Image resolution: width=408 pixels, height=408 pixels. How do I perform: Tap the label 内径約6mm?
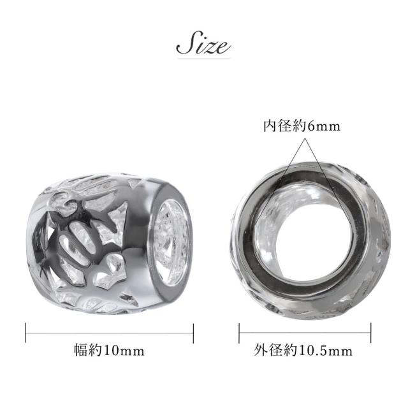tap(302, 126)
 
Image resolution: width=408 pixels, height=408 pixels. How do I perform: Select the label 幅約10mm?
tap(109, 351)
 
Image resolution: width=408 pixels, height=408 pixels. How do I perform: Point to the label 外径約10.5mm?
tap(303, 351)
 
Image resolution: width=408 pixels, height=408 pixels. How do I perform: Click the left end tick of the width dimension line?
tap(25, 333)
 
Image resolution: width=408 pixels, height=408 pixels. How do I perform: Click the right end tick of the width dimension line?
tap(193, 333)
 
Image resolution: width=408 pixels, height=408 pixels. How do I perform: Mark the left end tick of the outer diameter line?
tap(239, 333)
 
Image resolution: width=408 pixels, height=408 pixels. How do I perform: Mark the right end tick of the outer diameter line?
tap(371, 333)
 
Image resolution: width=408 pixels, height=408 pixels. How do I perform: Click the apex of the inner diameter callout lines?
tap(305, 139)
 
